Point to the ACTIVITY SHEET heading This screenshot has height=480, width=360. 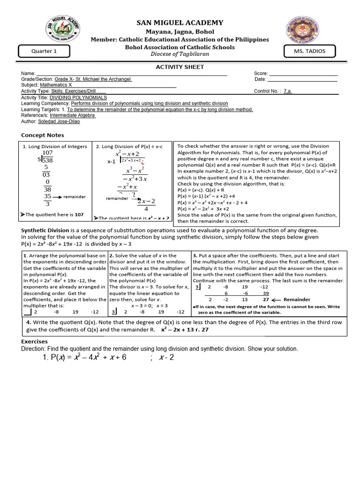point(180,67)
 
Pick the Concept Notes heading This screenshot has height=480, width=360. point(43,135)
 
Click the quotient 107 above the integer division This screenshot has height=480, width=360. point(47,153)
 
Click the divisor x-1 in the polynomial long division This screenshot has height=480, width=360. point(111,162)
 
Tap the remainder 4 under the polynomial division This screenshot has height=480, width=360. point(146,209)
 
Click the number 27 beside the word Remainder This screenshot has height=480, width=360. point(266,300)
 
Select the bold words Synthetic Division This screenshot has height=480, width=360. point(45,231)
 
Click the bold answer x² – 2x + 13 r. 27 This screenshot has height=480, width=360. point(185,330)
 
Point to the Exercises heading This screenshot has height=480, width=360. point(35,342)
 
